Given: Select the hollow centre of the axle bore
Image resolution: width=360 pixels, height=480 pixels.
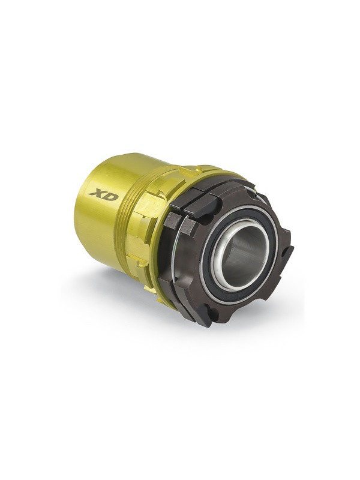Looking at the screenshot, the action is point(241,251).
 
